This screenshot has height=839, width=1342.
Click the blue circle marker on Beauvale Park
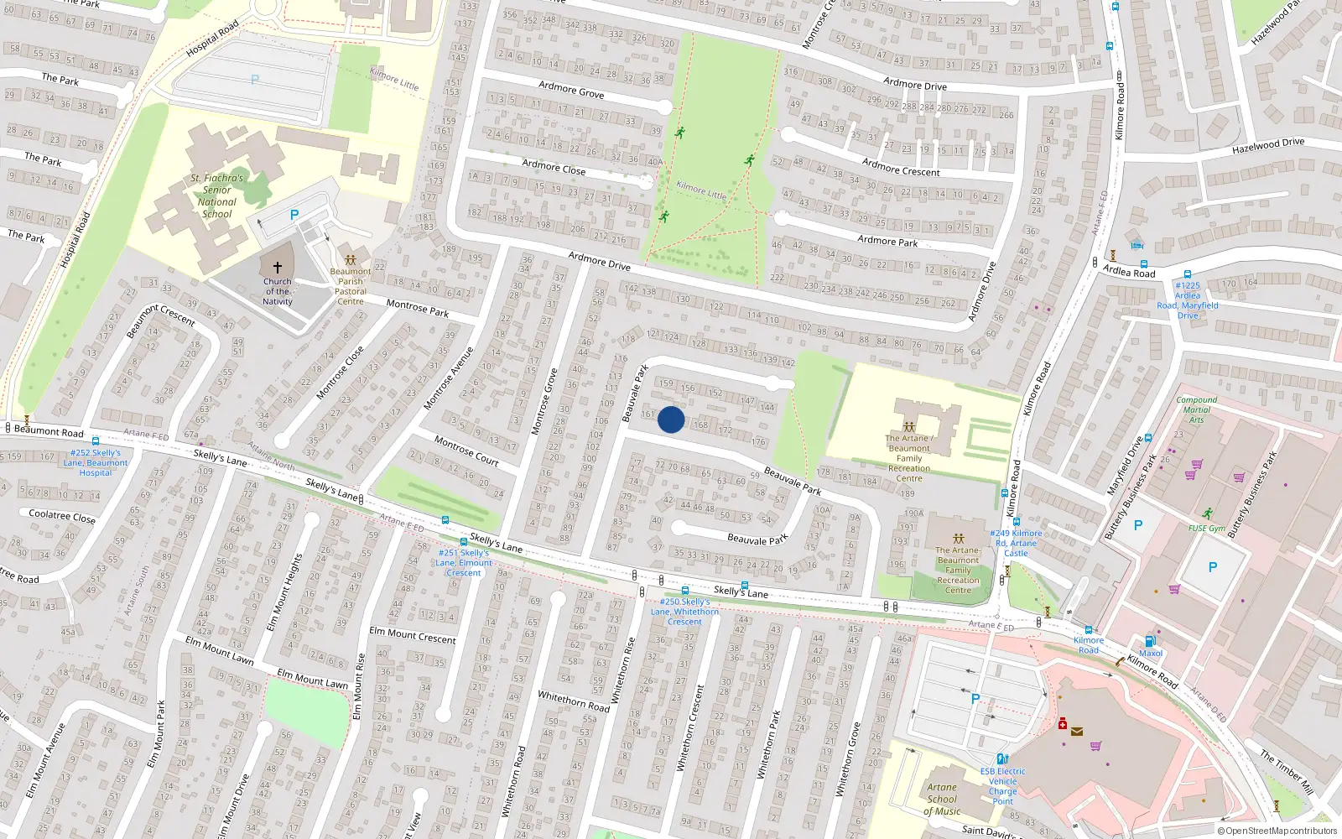[x=671, y=419]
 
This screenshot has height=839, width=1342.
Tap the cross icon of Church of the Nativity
[x=278, y=267]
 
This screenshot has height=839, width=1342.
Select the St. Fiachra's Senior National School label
[x=216, y=195]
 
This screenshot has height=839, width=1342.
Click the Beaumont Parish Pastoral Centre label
[x=351, y=286]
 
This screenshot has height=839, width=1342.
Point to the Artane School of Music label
[x=942, y=800]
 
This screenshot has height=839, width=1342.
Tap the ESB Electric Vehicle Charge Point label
[x=1002, y=786]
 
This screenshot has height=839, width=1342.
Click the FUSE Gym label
[x=1206, y=528]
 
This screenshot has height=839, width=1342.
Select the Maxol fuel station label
[x=1151, y=653]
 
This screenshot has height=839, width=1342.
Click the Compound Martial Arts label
[x=1196, y=409]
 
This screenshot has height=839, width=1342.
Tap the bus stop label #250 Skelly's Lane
[x=684, y=612]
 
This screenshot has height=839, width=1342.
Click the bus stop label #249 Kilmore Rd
[x=1016, y=543]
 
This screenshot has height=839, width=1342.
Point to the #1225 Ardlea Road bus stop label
[x=1188, y=300]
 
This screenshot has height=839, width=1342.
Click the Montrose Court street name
[x=466, y=451]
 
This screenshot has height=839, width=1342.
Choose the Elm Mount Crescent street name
[x=413, y=635]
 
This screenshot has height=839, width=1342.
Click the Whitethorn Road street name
[x=574, y=701]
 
